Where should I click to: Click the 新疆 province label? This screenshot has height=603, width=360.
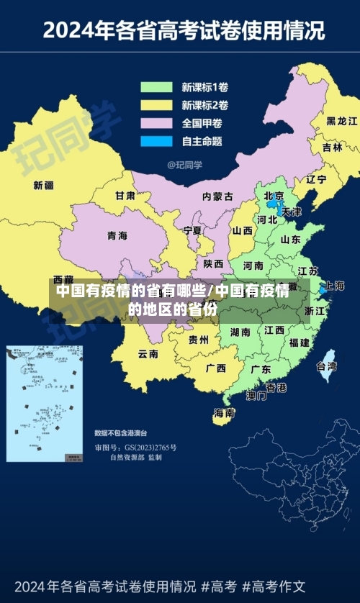44,186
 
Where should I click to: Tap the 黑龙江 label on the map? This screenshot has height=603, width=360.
341,121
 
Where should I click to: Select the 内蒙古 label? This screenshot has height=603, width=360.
217,196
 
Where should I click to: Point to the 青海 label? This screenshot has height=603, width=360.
117,236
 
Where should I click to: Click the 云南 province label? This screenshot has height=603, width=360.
148,354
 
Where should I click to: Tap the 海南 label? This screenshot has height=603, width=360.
224,413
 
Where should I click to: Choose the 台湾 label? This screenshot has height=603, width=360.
326,366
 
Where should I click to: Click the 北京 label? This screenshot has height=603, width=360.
274,196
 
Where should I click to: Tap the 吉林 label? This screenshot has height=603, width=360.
332,148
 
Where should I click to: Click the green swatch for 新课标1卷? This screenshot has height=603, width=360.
156,88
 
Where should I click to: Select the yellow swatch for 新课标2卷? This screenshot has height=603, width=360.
156,106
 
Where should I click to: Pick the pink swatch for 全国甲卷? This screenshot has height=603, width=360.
156,123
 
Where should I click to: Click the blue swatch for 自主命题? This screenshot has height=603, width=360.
156,141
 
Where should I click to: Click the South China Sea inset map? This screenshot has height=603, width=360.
45,403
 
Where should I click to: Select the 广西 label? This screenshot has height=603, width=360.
215,368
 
